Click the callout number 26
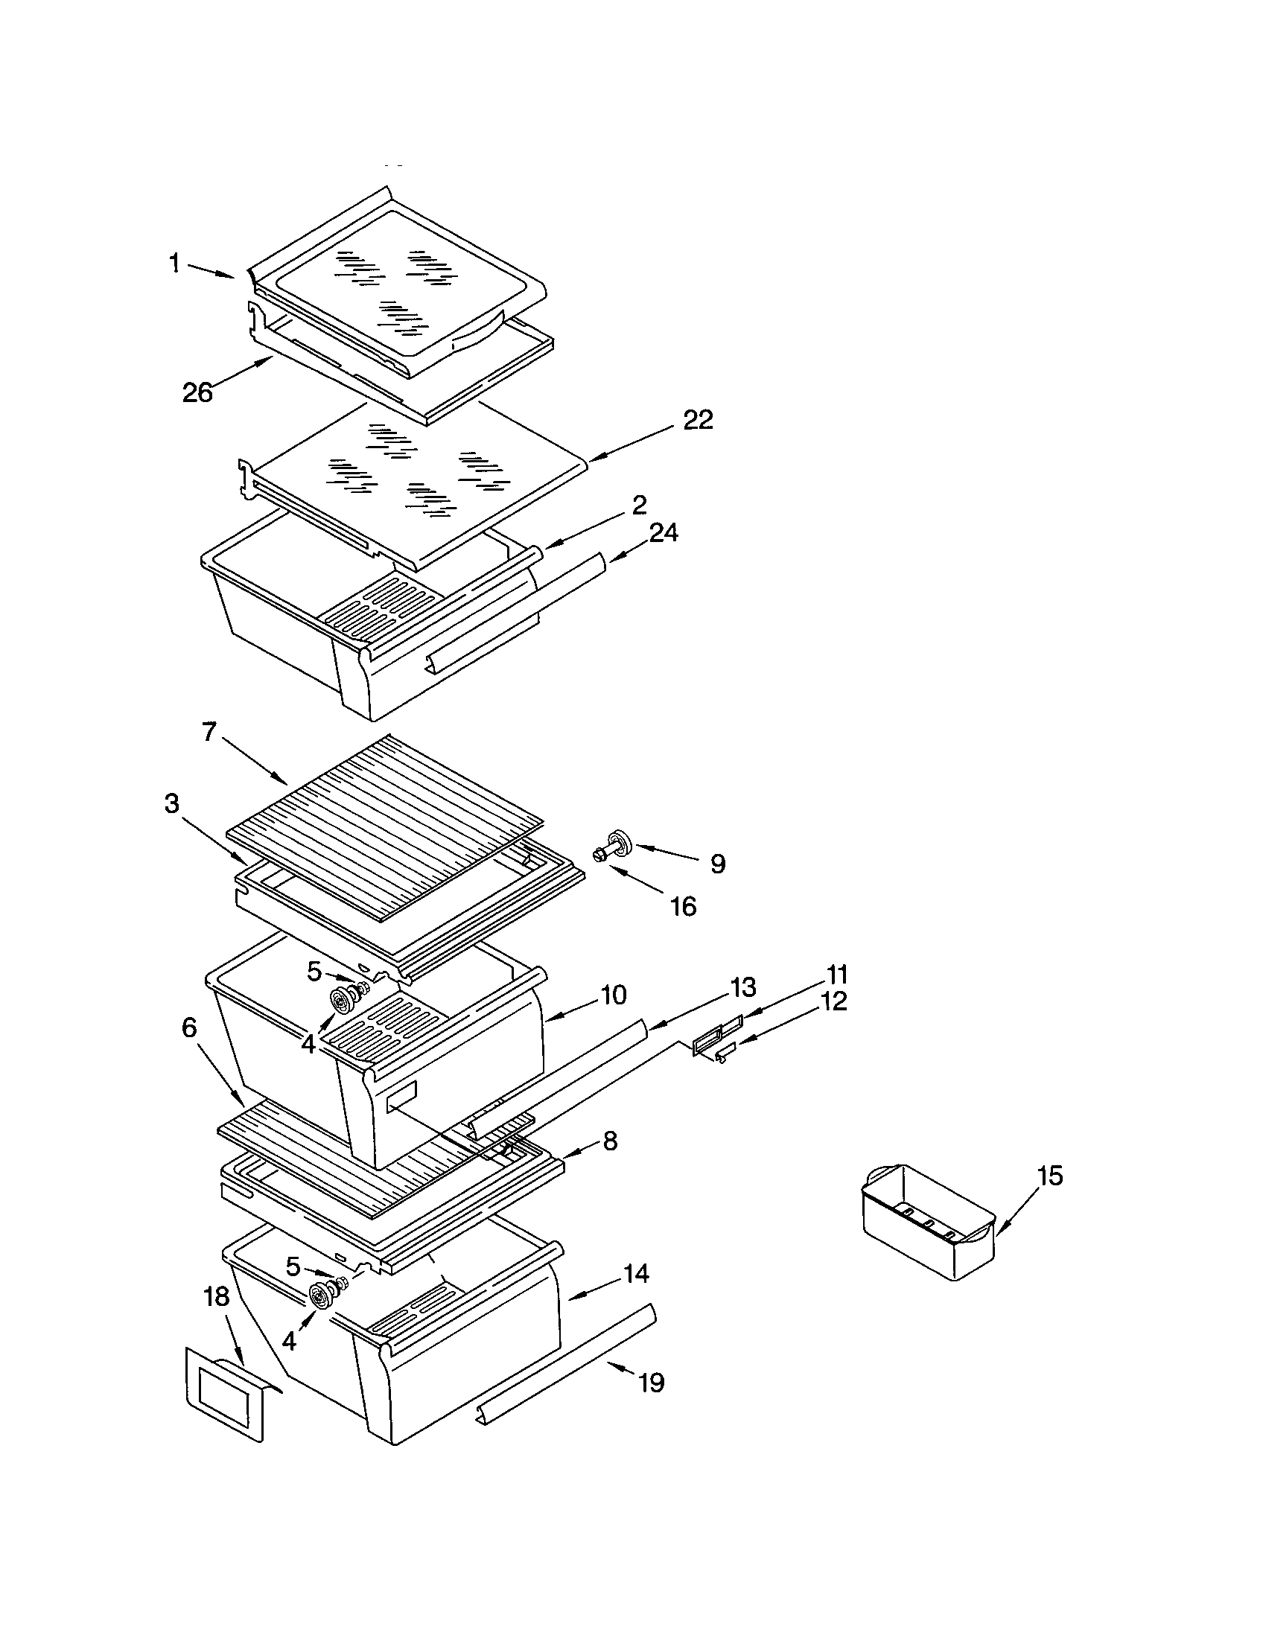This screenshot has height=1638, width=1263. point(198,392)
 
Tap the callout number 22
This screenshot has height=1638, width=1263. point(698,420)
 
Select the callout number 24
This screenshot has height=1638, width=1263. point(664,532)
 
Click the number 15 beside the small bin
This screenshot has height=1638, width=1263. point(1051,1176)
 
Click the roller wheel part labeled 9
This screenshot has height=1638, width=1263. point(617,844)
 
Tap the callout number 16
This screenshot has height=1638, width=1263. point(683,907)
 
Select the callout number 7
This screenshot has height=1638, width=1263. point(209,732)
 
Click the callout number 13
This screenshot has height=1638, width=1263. point(742,988)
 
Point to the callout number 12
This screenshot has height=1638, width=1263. point(834,1001)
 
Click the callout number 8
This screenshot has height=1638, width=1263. point(610,1141)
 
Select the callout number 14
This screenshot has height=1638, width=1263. point(636,1273)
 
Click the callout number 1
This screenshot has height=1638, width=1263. point(174,264)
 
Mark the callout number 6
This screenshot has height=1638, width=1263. point(189,1028)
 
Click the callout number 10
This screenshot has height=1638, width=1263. point(613,995)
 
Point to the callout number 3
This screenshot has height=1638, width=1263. point(172,803)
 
